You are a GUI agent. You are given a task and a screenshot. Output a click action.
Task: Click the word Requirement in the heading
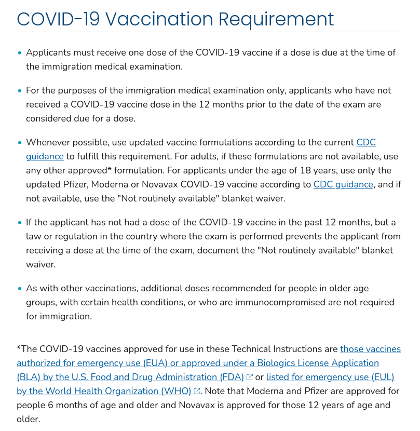(x=276, y=19)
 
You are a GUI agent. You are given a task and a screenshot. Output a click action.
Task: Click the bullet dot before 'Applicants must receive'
(x=20, y=53)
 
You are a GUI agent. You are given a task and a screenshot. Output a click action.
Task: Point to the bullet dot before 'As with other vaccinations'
(x=20, y=288)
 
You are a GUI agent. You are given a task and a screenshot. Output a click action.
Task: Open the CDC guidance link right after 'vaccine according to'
(x=343, y=184)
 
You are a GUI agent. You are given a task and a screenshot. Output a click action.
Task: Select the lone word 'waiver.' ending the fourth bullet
(x=40, y=264)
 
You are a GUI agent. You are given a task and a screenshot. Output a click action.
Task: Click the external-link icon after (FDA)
(x=250, y=377)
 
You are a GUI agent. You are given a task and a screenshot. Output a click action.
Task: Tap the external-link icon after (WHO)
(x=197, y=391)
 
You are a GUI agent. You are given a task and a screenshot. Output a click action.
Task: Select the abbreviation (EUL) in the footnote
(x=381, y=377)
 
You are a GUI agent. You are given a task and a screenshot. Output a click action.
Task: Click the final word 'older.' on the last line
(x=28, y=419)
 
